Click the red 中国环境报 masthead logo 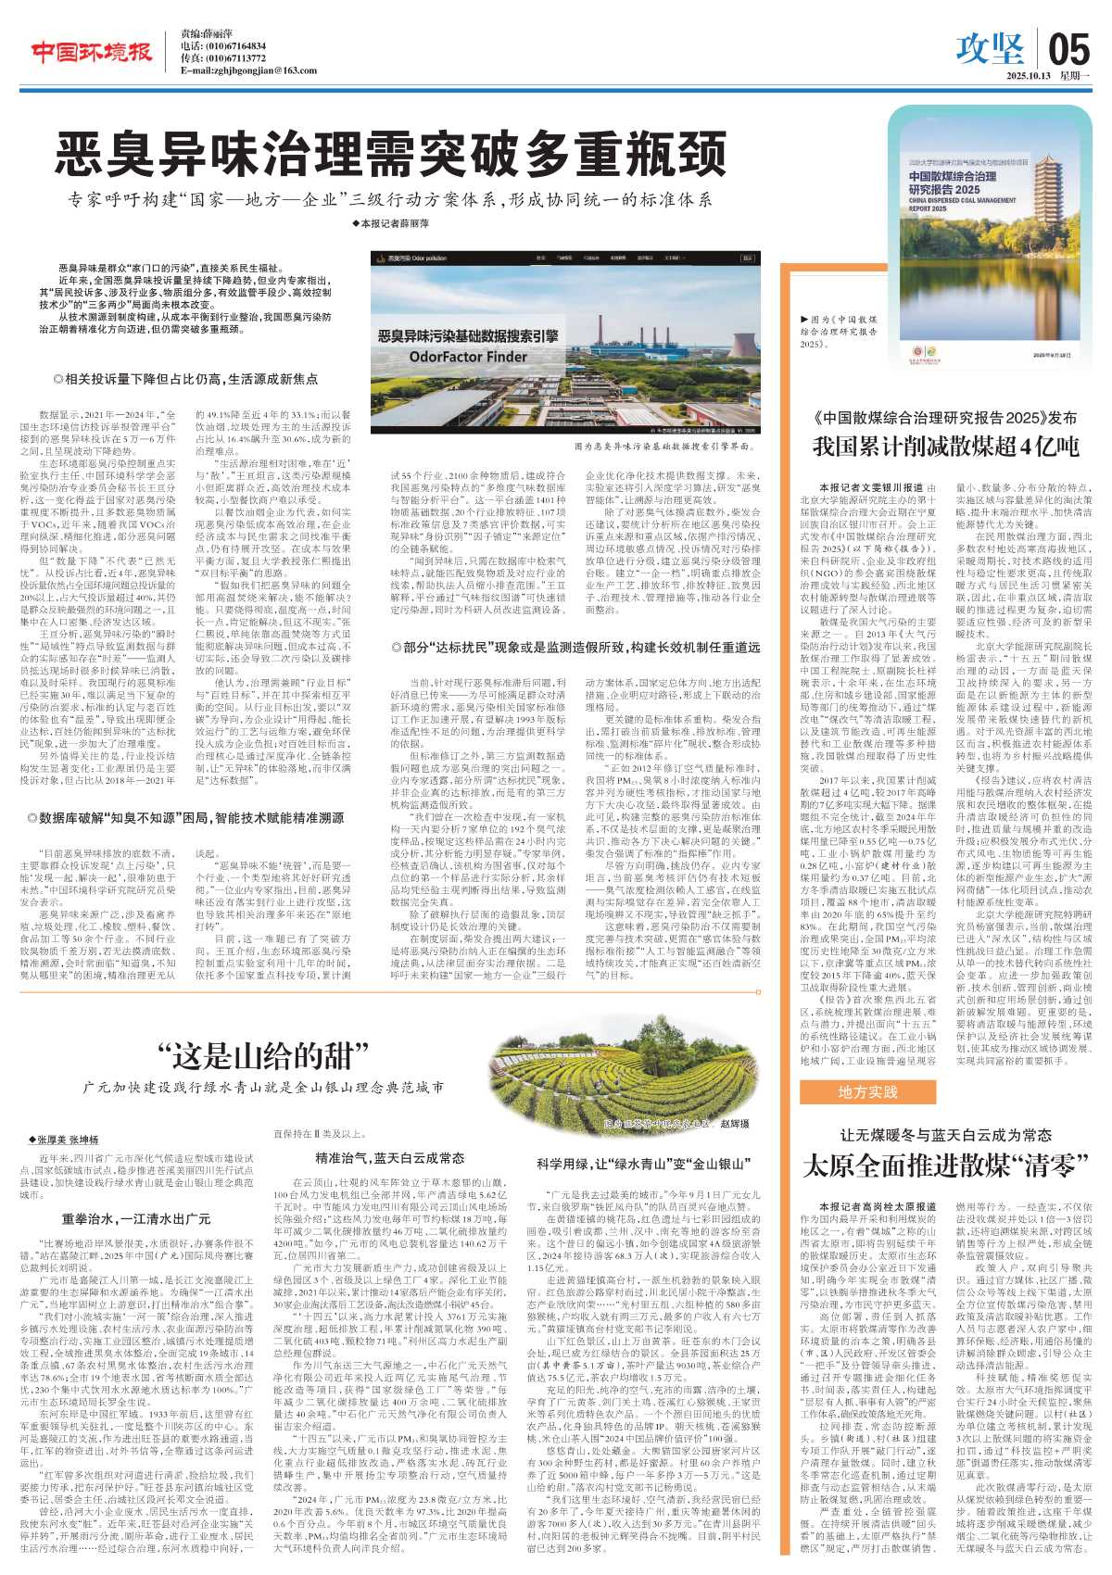point(91,53)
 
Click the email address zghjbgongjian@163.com point(248,70)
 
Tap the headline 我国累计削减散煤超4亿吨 point(945,447)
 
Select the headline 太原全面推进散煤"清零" point(945,1165)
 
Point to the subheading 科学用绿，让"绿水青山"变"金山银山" point(642,1164)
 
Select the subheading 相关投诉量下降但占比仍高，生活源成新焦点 point(185,379)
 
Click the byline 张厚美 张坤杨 point(64,1140)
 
